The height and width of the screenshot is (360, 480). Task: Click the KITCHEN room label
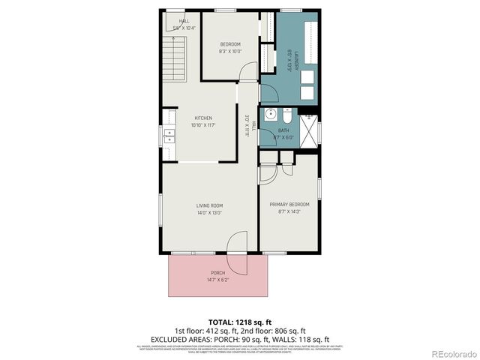point(203,118)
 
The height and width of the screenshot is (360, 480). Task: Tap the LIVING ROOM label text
point(210,205)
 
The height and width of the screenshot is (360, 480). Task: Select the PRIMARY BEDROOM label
point(289,204)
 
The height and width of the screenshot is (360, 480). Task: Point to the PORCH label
point(217,272)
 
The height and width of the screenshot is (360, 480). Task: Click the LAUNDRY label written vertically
point(289,55)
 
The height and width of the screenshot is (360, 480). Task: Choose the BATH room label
point(283,130)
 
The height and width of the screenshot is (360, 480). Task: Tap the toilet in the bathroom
point(286,115)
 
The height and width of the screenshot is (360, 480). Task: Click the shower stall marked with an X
point(307,128)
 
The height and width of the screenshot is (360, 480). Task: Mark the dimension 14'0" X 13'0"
point(210,213)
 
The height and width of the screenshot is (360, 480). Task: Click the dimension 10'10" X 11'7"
point(203,125)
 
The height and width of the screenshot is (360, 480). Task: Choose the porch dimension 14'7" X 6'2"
point(217,280)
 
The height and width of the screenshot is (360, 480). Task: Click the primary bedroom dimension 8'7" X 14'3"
point(289,211)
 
